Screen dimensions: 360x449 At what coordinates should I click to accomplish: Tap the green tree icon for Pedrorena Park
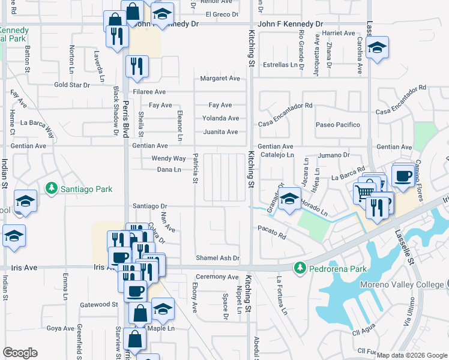(298, 268)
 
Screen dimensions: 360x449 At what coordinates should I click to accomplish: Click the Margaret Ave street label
(220, 79)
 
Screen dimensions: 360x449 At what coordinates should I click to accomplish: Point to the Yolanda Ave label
(220, 118)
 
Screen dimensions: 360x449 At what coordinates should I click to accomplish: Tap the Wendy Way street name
(168, 158)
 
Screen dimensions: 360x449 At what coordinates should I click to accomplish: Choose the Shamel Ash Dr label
(217, 258)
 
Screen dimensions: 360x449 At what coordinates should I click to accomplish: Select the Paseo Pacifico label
(338, 125)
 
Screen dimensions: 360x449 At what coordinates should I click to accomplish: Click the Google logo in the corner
(20, 353)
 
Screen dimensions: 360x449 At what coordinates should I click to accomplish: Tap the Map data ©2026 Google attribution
(412, 355)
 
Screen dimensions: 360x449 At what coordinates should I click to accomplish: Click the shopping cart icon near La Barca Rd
(362, 193)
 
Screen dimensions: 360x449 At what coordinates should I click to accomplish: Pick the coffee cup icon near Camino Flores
(402, 175)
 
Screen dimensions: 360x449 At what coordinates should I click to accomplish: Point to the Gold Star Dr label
(71, 85)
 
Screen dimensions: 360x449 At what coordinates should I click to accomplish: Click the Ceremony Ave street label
(217, 277)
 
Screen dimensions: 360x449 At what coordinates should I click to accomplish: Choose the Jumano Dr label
(333, 155)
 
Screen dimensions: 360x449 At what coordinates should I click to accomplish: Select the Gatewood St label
(98, 305)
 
